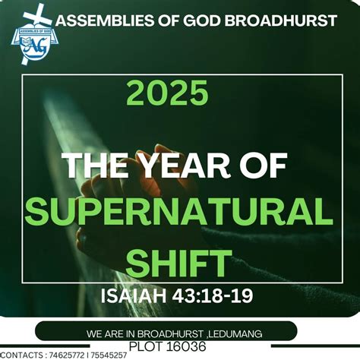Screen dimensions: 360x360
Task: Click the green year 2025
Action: pyautogui.click(x=167, y=94)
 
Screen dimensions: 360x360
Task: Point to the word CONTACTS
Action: pyautogui.click(x=21, y=355)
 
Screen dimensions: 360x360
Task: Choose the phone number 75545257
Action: pyautogui.click(x=109, y=355)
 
